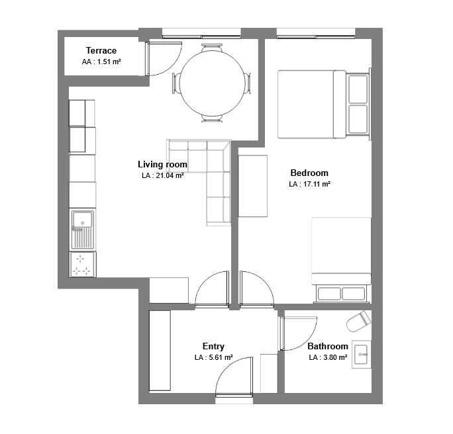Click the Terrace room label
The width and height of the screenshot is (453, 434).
click(101, 50)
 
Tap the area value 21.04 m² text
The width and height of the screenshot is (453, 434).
click(170, 175)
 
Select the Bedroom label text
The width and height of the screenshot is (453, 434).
click(309, 173)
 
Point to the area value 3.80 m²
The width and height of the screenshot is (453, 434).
click(335, 357)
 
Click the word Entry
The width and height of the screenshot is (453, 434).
click(213, 346)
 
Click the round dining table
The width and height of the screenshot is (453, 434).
click(213, 83)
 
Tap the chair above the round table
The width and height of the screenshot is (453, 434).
click(212, 47)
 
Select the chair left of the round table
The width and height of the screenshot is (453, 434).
click(176, 83)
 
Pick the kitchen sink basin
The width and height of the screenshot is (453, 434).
click(83, 219)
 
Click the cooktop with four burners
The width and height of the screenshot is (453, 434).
click(83, 265)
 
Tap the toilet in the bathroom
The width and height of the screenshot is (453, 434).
click(358, 321)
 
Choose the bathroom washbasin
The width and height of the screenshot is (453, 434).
click(361, 355)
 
